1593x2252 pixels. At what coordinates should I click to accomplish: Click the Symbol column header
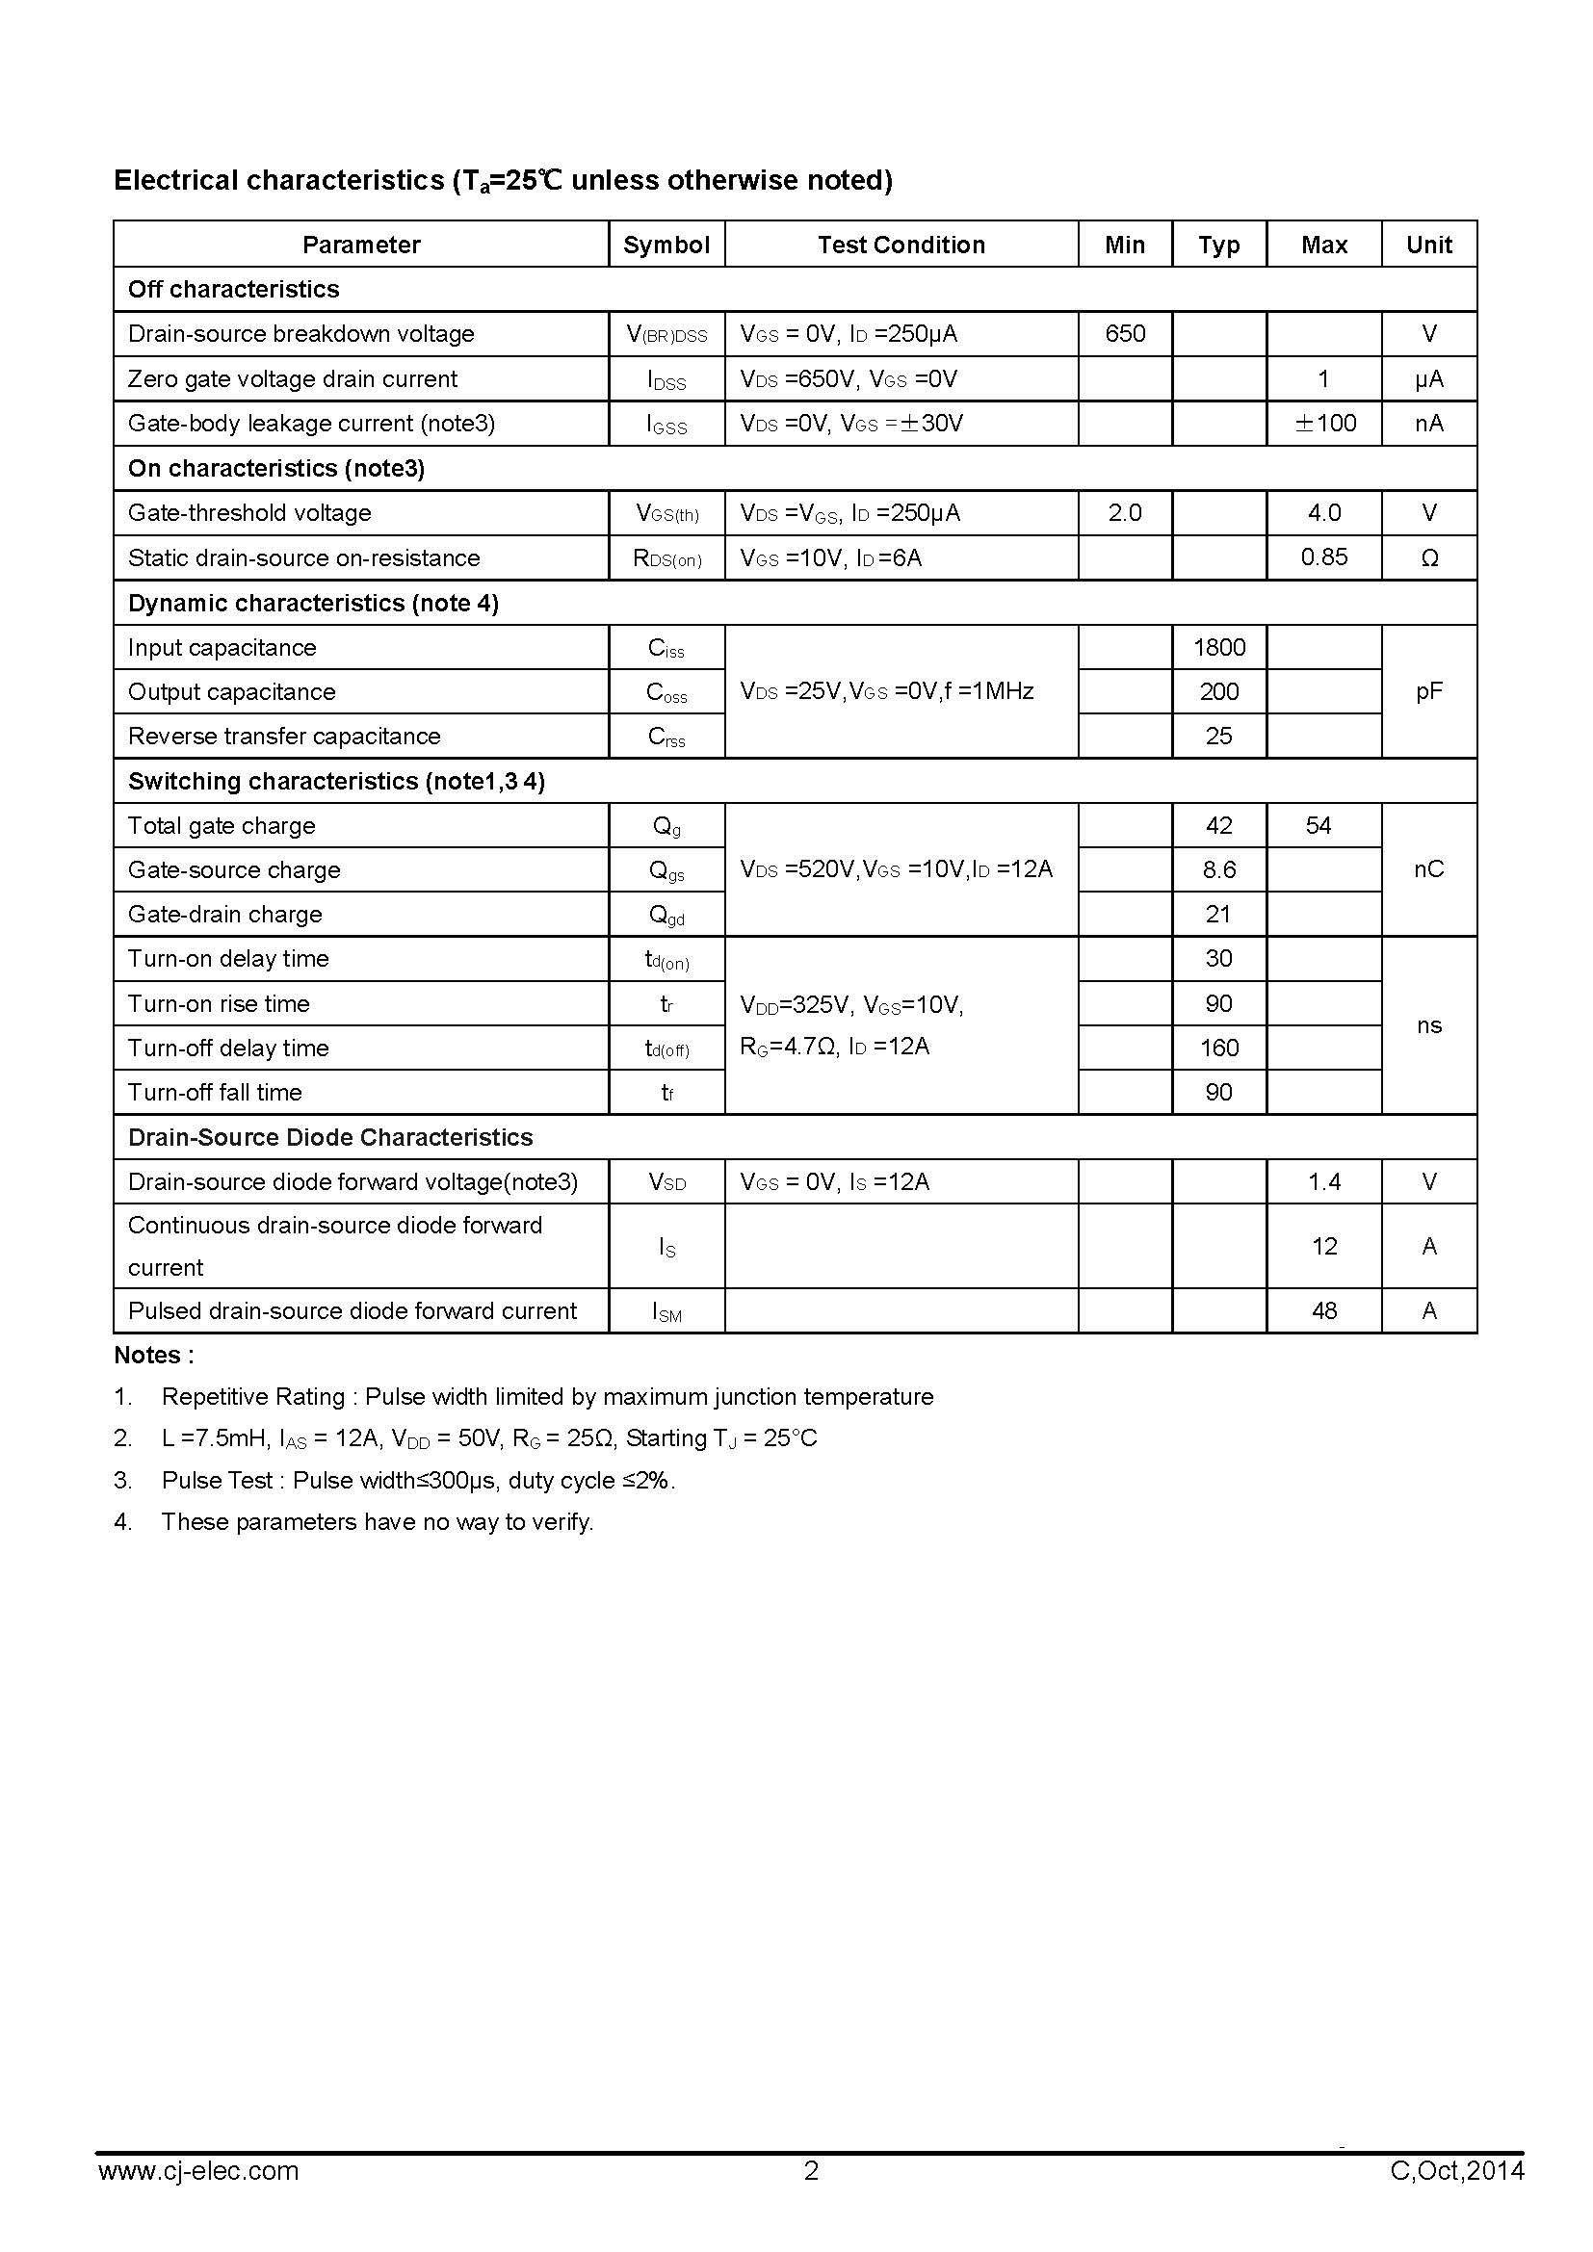(666, 245)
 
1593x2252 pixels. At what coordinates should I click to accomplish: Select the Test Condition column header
(901, 245)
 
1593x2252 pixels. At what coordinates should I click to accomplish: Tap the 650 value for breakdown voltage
(1124, 333)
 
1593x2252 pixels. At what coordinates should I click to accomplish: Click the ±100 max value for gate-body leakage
(1324, 423)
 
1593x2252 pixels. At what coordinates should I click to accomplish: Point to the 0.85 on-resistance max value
(1323, 557)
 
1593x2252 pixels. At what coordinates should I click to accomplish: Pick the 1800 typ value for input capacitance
(1218, 647)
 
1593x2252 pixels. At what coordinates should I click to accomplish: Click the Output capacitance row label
(231, 691)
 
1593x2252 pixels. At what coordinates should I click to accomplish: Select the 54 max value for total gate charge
(1318, 825)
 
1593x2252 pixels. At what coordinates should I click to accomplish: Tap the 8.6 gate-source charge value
(1218, 869)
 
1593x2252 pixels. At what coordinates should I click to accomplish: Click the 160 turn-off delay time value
(1218, 1048)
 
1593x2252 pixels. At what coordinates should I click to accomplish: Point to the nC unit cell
(1428, 869)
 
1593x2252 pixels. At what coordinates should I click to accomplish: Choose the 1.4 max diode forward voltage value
(1323, 1181)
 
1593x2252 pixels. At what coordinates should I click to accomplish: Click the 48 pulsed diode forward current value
(1323, 1310)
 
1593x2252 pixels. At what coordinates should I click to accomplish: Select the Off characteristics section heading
(233, 290)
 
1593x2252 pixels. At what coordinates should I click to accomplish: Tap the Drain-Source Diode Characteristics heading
(329, 1137)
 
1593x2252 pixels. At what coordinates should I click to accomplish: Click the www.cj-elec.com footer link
(198, 2198)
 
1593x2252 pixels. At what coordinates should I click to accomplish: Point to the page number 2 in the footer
(810, 2198)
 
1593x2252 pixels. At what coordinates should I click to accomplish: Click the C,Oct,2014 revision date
(1456, 2198)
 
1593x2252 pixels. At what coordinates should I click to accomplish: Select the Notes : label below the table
(154, 1355)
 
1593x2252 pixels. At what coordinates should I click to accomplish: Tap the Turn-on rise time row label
(219, 1003)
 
